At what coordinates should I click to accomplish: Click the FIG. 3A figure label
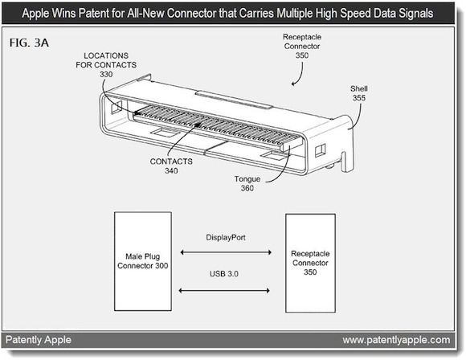click(x=29, y=43)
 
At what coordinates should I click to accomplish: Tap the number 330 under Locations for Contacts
click(x=106, y=74)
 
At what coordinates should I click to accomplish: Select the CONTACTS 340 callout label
click(x=171, y=166)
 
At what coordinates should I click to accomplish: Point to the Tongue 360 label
click(x=247, y=183)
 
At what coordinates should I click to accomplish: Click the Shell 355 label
click(x=359, y=93)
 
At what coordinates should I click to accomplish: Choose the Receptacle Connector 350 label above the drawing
click(x=302, y=46)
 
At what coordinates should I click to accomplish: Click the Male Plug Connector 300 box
click(x=143, y=261)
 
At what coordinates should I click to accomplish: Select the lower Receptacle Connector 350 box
click(x=311, y=263)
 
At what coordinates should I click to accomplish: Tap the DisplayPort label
click(x=226, y=238)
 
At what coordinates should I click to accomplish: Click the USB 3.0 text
click(x=224, y=274)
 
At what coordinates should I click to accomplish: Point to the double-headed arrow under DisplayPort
click(x=226, y=252)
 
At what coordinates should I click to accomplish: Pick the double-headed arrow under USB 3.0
click(x=224, y=290)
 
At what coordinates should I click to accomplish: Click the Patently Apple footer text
click(x=39, y=340)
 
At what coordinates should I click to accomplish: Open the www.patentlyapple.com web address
click(x=396, y=340)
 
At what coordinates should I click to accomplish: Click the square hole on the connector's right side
click(x=320, y=150)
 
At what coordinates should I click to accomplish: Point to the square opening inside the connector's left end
click(x=117, y=107)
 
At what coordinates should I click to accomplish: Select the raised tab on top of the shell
click(x=234, y=100)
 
